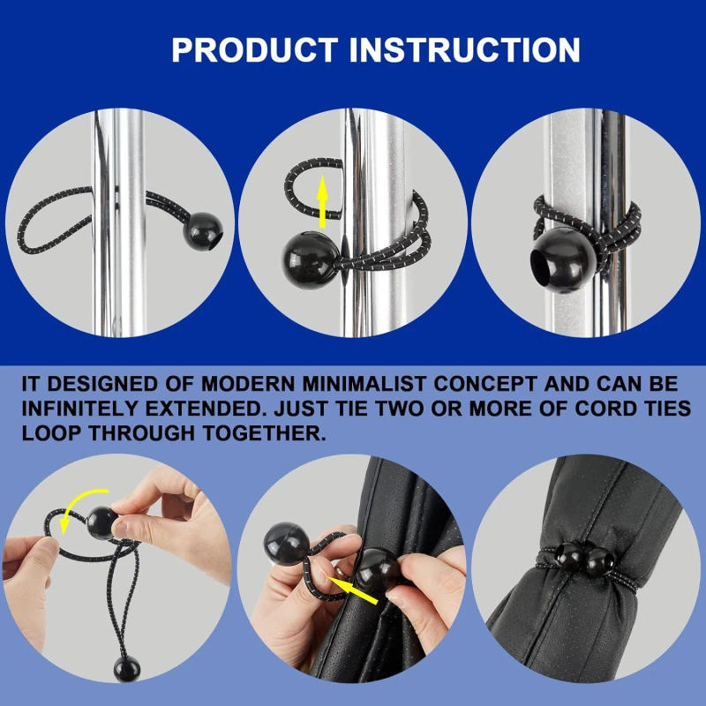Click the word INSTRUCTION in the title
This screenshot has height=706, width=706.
464,49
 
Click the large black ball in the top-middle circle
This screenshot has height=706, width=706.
309,258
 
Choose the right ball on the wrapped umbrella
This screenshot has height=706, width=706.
601,560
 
